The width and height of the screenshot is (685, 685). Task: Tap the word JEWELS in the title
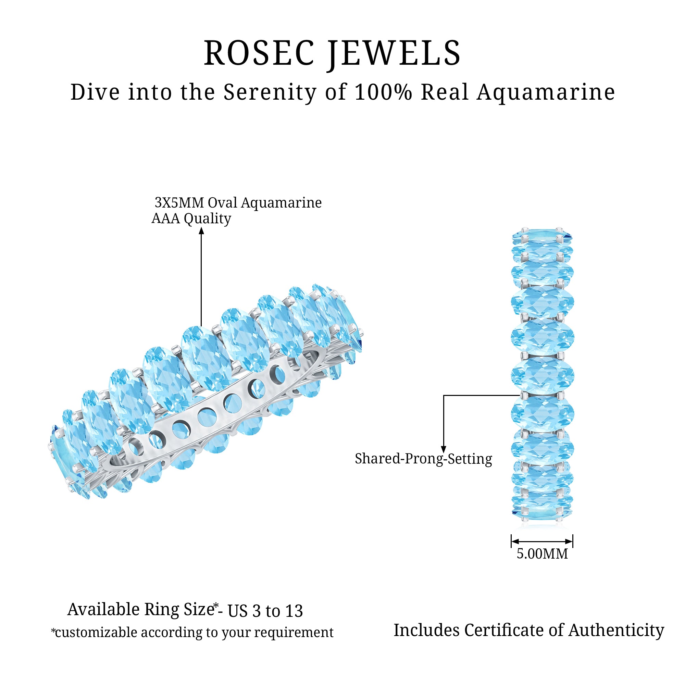(394, 54)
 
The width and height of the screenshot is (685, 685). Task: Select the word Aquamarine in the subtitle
(546, 93)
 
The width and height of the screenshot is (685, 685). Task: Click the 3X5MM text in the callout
(179, 203)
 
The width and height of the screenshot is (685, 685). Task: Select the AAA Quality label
(191, 219)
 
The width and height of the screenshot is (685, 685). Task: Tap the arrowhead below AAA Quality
(201, 231)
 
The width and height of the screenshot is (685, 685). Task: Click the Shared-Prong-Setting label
(423, 459)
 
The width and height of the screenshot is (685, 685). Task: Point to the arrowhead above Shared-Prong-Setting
(444, 449)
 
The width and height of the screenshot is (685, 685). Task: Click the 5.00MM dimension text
(542, 554)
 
